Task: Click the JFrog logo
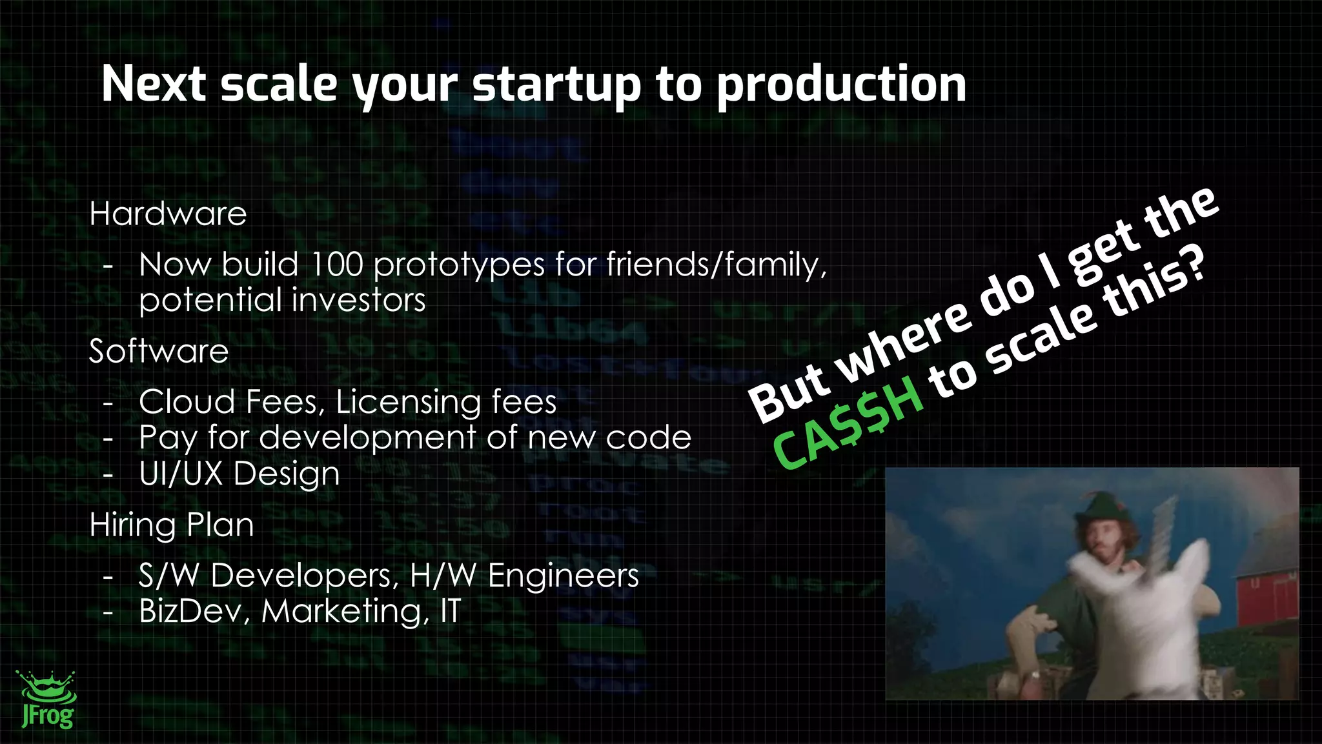(x=47, y=699)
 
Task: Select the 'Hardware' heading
(x=168, y=214)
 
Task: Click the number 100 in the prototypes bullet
(x=336, y=265)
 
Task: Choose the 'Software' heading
(x=159, y=352)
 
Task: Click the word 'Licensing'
(x=408, y=402)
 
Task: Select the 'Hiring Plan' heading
(x=172, y=525)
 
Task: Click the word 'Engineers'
(x=563, y=576)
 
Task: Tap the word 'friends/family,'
(x=716, y=265)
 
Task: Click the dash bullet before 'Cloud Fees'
(x=108, y=403)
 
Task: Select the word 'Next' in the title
(x=154, y=85)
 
